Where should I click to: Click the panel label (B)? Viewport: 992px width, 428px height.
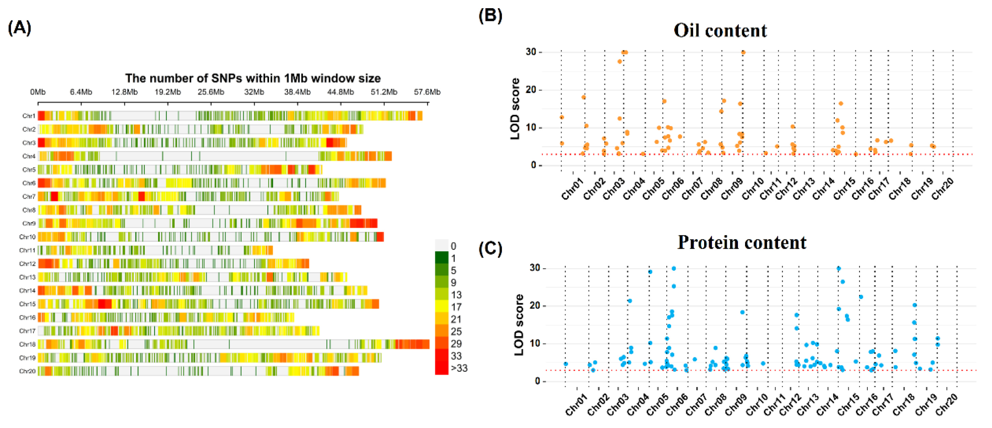(490, 16)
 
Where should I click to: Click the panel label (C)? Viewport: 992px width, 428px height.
(490, 249)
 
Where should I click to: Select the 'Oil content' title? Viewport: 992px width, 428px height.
(720, 30)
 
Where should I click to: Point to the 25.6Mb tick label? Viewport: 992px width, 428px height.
(210, 92)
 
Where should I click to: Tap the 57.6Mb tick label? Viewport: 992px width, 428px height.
(427, 92)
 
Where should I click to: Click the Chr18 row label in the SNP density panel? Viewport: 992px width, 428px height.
(27, 344)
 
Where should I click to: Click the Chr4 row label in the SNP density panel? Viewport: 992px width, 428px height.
(29, 156)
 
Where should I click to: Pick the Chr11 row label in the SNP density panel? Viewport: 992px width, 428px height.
(27, 250)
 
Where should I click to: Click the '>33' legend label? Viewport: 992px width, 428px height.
(459, 368)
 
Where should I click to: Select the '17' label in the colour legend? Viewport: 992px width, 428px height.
(456, 307)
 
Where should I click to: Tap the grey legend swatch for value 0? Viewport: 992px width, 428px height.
(441, 245)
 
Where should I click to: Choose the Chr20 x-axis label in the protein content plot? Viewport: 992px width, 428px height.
(946, 405)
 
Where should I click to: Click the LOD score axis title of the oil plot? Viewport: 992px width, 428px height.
(515, 109)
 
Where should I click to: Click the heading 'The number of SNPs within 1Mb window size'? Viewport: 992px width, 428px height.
(253, 78)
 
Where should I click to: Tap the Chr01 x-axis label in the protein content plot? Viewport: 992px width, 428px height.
(576, 405)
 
